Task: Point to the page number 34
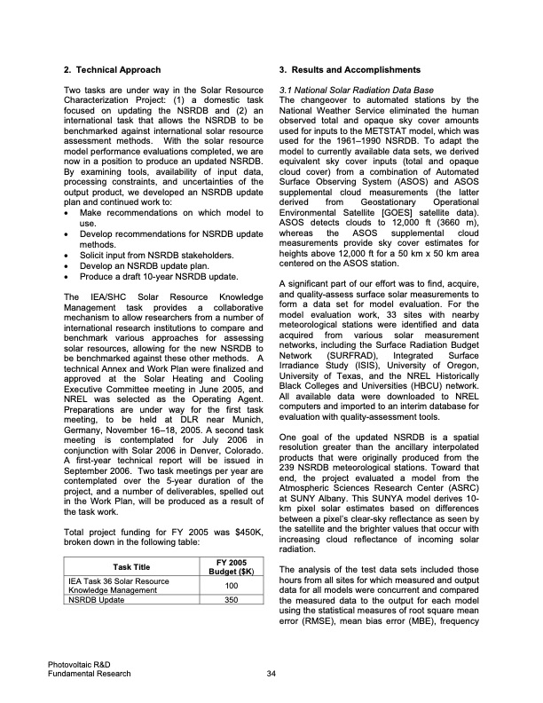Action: (x=271, y=673)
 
